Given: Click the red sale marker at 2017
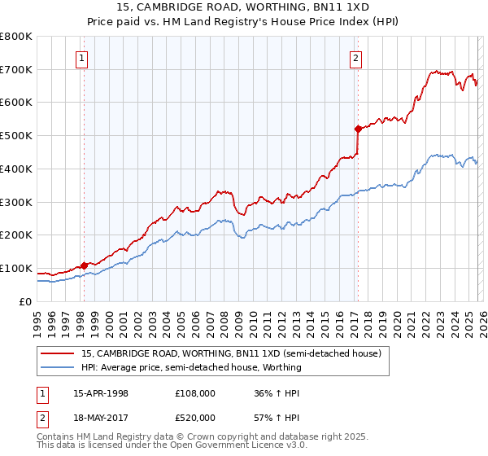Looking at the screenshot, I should [x=358, y=128].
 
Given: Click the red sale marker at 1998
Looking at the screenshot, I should [x=84, y=265].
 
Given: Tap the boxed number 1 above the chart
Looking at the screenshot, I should [x=83, y=58].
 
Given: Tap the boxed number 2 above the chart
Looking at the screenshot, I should [x=357, y=58].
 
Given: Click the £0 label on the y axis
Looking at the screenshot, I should [x=25, y=302].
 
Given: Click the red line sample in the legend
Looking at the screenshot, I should [x=58, y=353].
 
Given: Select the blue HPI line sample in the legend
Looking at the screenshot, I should [x=58, y=367].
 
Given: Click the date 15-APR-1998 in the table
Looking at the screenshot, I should [x=101, y=393].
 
